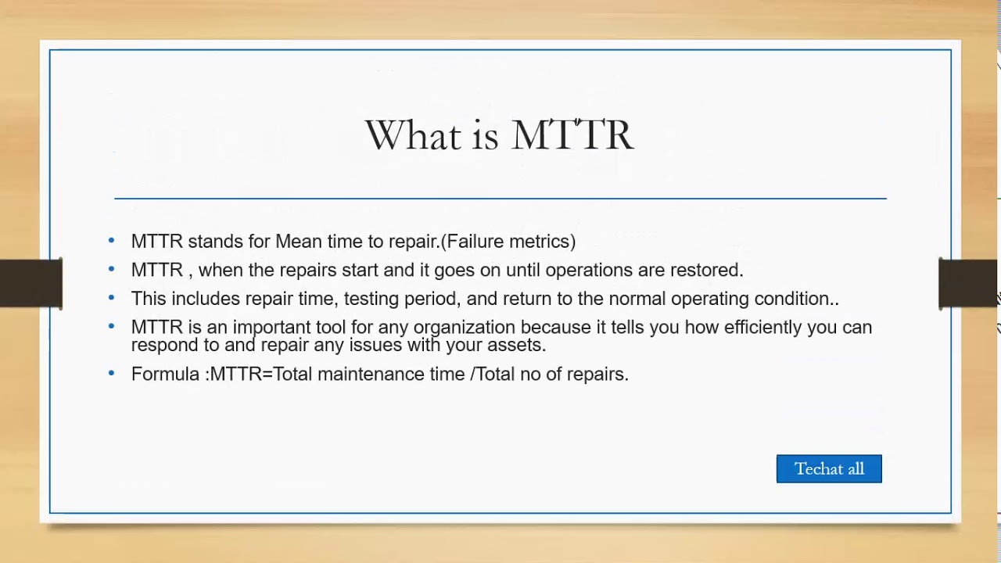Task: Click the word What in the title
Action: [414, 135]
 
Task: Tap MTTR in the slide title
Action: [572, 135]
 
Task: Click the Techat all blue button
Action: [829, 469]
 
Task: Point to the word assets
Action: [519, 345]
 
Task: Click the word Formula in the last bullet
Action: [165, 374]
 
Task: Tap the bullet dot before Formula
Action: [111, 373]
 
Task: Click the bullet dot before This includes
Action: [111, 298]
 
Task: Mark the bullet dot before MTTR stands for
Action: [111, 241]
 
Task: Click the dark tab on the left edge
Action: [30, 283]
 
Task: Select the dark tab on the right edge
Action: [968, 283]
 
